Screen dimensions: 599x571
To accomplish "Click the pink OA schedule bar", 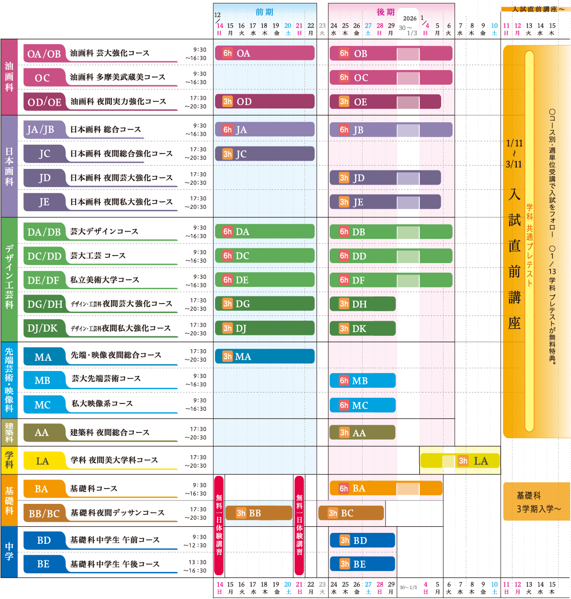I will pyautogui.click(x=265, y=53).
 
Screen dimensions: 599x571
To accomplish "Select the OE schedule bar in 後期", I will pyautogui.click(x=385, y=102).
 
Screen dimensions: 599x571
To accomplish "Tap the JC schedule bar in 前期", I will pyautogui.click(x=265, y=154).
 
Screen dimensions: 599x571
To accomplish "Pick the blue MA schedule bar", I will pyautogui.click(x=265, y=356).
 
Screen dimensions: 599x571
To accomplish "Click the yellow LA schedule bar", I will pyautogui.click(x=460, y=461).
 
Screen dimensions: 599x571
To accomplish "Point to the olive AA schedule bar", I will pyautogui.click(x=362, y=432).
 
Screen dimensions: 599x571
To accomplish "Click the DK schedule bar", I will pyautogui.click(x=362, y=328).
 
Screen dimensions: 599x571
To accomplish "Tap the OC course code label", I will pyautogui.click(x=42, y=78).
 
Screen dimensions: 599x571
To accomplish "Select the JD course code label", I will pyautogui.click(x=44, y=178).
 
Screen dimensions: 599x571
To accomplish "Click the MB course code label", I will pyautogui.click(x=42, y=381).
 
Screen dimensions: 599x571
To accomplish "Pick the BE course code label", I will pyautogui.click(x=43, y=564).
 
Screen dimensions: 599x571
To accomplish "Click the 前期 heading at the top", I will pyautogui.click(x=265, y=12).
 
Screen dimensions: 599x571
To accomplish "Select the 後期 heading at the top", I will pyautogui.click(x=385, y=12).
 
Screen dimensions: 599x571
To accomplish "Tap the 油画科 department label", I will pyautogui.click(x=9, y=76).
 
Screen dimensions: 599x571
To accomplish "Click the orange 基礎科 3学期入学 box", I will pyautogui.click(x=536, y=502).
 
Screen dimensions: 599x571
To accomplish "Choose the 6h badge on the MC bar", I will pyautogui.click(x=344, y=405).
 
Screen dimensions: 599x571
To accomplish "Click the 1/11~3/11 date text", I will pyautogui.click(x=514, y=153).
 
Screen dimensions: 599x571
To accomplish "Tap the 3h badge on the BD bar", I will pyautogui.click(x=345, y=540).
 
